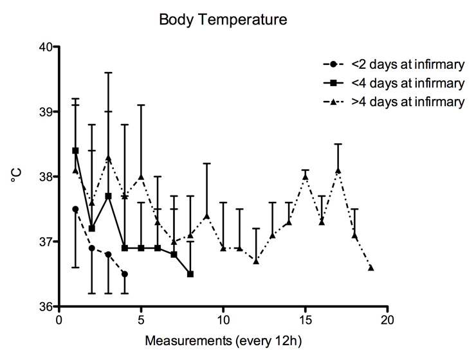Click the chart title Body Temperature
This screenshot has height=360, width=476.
point(223,21)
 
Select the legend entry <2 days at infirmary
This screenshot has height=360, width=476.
point(407,64)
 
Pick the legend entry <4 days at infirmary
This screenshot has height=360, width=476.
point(407,83)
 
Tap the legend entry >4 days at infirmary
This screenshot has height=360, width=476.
point(407,102)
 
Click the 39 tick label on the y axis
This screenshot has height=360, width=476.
point(46,112)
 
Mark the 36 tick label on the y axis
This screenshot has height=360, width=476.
point(46,307)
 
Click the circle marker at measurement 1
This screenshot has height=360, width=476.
point(75,209)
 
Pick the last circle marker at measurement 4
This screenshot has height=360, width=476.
point(125,274)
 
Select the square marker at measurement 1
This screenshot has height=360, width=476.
point(75,150)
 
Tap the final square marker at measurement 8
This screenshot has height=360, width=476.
point(190,274)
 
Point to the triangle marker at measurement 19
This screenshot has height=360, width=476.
point(371,267)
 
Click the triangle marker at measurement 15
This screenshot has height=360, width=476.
point(306,176)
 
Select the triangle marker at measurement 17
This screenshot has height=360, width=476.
point(338,170)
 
